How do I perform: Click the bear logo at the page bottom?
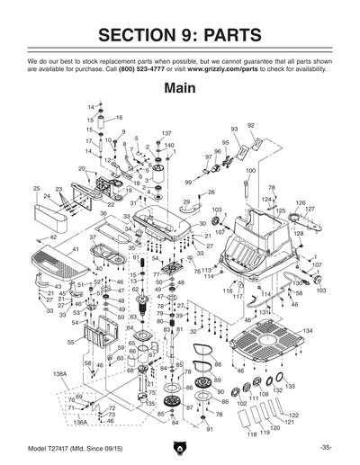coord(180,447)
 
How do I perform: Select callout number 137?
coord(166,133)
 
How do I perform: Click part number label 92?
coord(250,125)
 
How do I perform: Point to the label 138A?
coord(60,372)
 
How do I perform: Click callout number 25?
coord(36,188)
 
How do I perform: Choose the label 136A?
coord(80,421)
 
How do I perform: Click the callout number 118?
coord(252,434)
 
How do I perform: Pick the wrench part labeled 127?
coord(310,219)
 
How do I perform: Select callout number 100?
coord(250,171)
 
